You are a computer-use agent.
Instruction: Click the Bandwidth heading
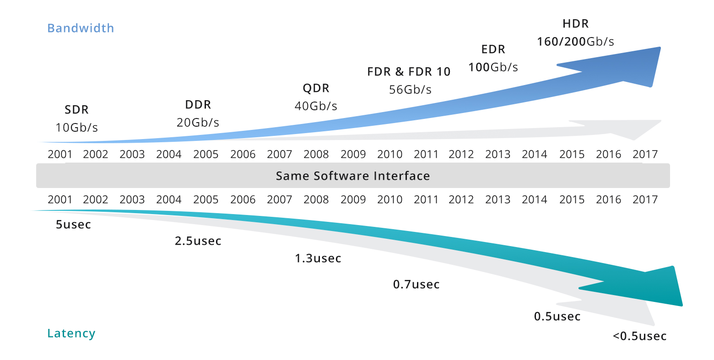coord(81,28)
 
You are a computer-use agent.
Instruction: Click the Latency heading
coord(71,333)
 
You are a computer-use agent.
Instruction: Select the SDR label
coord(76,110)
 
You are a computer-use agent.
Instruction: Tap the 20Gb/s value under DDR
coord(198,123)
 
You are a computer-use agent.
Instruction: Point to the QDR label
coord(316,88)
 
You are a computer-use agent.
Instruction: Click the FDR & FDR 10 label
coord(409,72)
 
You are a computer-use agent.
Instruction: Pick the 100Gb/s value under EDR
coord(493,67)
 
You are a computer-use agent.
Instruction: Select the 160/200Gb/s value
coord(575,42)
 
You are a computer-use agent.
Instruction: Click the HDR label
coord(575,24)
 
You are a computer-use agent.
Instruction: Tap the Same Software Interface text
coord(353,176)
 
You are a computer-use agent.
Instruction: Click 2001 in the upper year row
coord(60,155)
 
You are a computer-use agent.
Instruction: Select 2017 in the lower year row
coord(645,200)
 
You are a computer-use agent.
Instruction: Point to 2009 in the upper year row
coord(353,155)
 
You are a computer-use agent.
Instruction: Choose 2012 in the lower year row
coord(461,200)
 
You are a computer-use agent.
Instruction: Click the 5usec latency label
coord(73,225)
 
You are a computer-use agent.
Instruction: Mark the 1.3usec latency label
coord(318,258)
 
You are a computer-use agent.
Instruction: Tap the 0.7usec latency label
coord(416,285)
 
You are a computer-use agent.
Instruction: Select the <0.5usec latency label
coord(639,336)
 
